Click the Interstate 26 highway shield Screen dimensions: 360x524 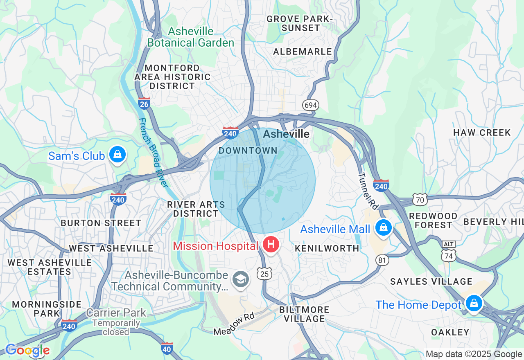144,103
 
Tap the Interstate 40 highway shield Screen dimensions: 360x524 167,348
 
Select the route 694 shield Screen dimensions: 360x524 311,105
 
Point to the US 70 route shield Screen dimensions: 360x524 420,200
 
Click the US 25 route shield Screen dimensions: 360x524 265,273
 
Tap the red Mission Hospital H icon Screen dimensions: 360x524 271,245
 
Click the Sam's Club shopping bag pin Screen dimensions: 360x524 117,155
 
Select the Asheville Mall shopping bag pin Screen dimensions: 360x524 384,227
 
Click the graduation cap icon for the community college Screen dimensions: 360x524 240,280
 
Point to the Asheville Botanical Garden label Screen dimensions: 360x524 191,37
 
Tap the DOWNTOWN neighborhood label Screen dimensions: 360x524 248,151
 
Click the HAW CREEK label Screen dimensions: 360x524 482,133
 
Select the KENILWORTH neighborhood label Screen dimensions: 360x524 327,248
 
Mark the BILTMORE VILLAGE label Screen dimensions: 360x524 304,314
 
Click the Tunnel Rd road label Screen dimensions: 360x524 367,191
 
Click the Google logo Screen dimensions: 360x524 27,350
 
